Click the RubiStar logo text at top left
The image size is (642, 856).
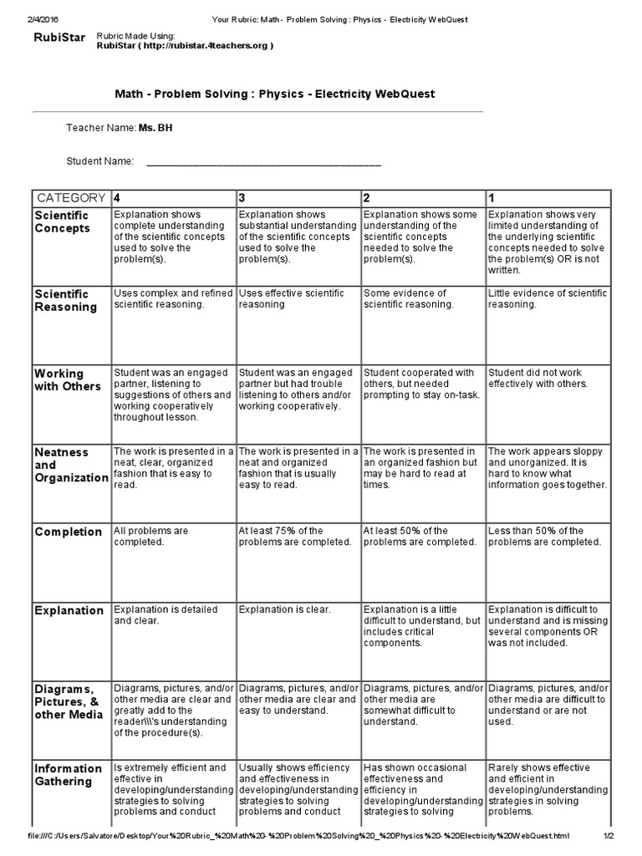click(59, 37)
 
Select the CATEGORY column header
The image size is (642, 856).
click(70, 198)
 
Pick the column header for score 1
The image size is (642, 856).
click(492, 198)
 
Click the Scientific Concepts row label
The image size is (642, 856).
click(62, 222)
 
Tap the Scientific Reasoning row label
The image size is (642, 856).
click(65, 300)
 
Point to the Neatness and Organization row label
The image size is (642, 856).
click(70, 465)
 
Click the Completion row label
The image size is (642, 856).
click(69, 532)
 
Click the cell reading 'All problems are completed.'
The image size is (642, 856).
click(151, 536)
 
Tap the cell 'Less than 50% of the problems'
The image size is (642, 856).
click(543, 536)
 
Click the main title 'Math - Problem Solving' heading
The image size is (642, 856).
click(274, 94)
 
